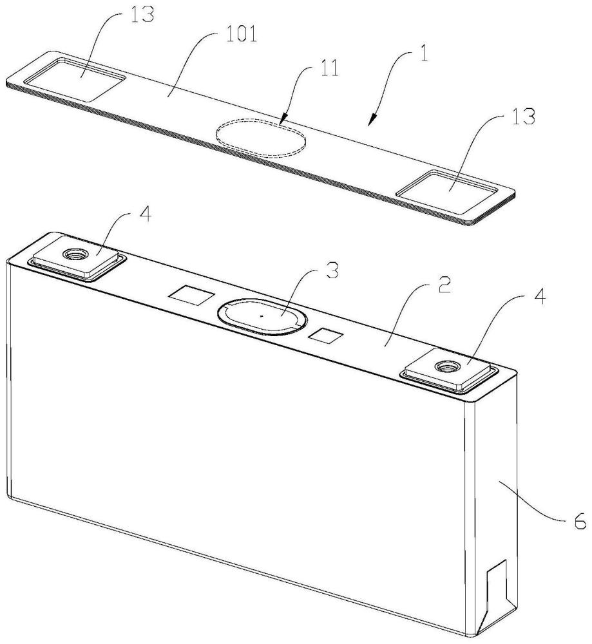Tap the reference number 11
330,69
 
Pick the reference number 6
579,522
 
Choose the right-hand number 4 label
541,296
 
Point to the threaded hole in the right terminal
446,365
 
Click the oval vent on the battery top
262,316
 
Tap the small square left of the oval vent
192,296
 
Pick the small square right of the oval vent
326,336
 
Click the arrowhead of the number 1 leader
373,120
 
